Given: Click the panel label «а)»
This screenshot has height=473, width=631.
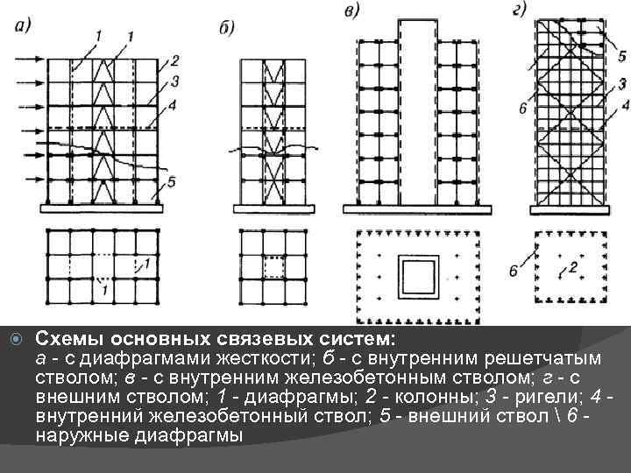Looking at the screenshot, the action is [24, 25].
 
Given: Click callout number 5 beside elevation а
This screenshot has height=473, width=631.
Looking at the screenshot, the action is [172, 181].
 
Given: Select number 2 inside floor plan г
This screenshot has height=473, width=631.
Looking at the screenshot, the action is [573, 266].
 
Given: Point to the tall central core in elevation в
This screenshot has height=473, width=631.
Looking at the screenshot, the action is [415, 114].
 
